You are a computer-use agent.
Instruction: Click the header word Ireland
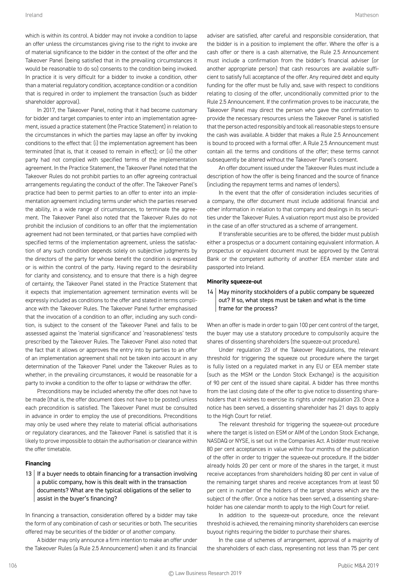(x=34, y=15)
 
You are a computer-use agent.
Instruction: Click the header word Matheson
(x=367, y=15)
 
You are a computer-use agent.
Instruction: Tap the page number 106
(x=13, y=565)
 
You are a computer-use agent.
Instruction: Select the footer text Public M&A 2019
(x=358, y=565)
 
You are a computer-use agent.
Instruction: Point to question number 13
(x=29, y=474)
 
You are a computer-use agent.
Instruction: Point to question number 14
(x=210, y=292)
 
